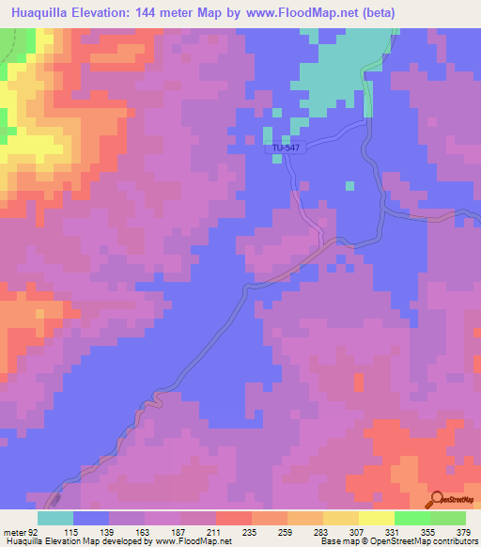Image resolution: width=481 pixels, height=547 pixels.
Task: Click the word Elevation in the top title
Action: click(122, 13)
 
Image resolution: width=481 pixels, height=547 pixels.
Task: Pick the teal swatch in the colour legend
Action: click(55, 519)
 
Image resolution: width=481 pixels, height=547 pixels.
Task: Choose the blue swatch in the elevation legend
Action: click(91, 519)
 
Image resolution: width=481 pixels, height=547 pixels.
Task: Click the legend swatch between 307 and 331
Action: click(376, 519)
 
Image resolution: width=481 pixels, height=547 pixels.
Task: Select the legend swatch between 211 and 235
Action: click(233, 519)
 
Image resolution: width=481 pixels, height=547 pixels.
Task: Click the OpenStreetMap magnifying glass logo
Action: click(436, 498)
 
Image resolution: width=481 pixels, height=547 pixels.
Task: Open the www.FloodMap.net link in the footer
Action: click(192, 541)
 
